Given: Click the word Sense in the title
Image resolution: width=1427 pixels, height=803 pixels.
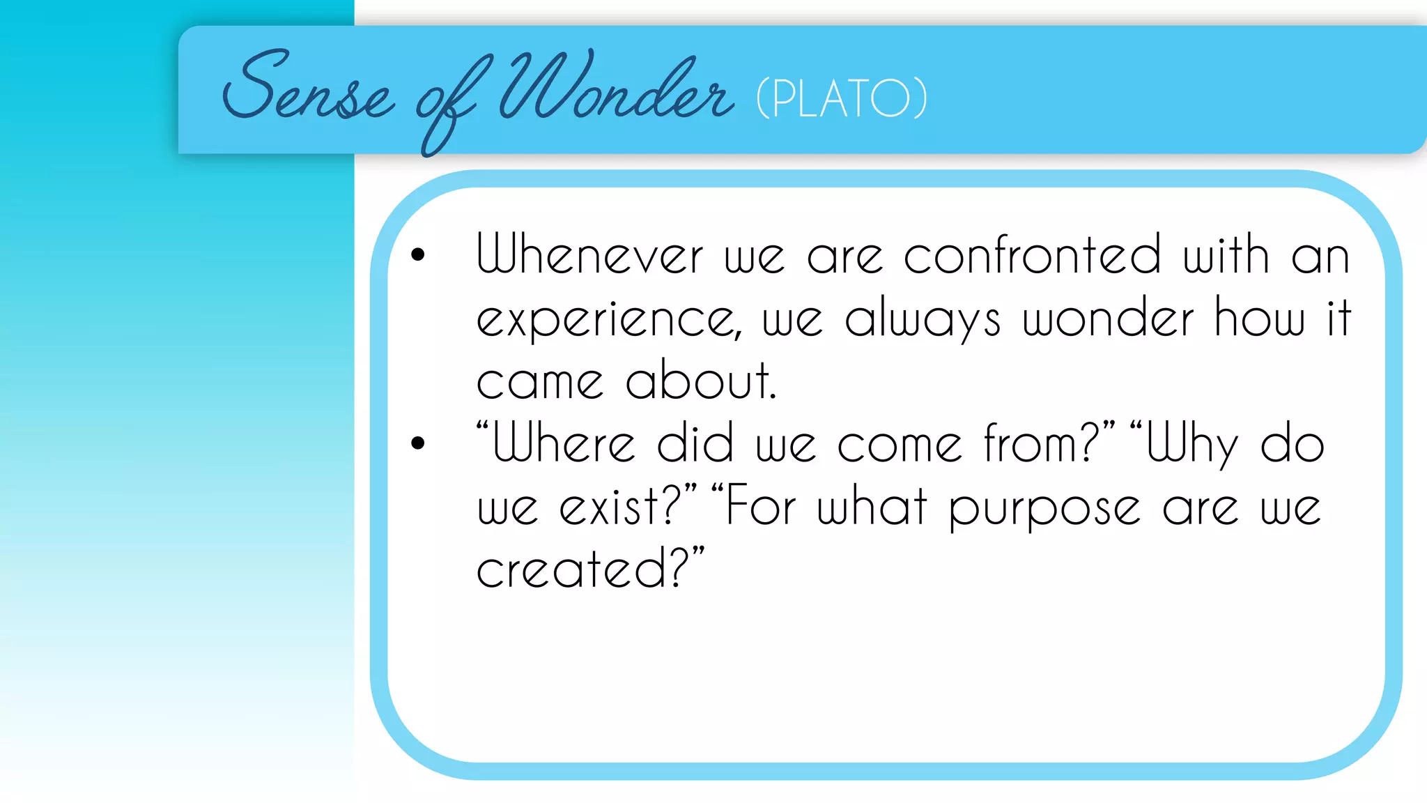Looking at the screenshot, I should click(x=307, y=91).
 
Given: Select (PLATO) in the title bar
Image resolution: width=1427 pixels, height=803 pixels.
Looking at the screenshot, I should click(x=842, y=98).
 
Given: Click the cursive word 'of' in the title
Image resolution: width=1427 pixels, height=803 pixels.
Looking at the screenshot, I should click(x=446, y=105).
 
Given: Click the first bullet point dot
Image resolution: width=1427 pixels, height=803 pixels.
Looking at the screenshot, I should click(x=418, y=254).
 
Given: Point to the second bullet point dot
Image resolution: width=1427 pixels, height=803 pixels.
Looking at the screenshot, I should click(x=418, y=443).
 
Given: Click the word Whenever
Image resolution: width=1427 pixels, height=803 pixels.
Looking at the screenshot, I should click(x=589, y=254).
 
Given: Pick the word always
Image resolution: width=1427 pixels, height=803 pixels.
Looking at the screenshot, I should click(x=923, y=319).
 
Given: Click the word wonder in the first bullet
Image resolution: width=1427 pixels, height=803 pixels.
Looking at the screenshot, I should click(x=1109, y=318).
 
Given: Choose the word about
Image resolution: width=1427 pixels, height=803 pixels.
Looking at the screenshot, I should click(x=700, y=381).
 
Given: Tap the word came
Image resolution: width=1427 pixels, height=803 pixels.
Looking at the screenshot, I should click(x=539, y=382).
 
